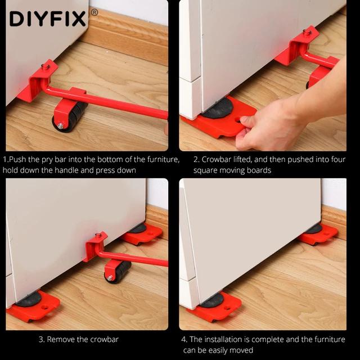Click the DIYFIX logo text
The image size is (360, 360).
point(48,19)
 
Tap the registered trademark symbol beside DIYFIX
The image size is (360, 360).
point(94,12)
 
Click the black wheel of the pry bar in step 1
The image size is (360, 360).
point(71,116)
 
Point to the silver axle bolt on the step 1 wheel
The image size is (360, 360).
point(60,125)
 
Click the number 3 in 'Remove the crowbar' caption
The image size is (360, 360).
point(41,339)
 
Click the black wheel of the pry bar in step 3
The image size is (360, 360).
point(120,272)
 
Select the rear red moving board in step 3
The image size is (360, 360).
point(142,234)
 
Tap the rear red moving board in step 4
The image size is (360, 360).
point(318,234)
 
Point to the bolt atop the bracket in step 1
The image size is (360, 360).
point(46,66)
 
